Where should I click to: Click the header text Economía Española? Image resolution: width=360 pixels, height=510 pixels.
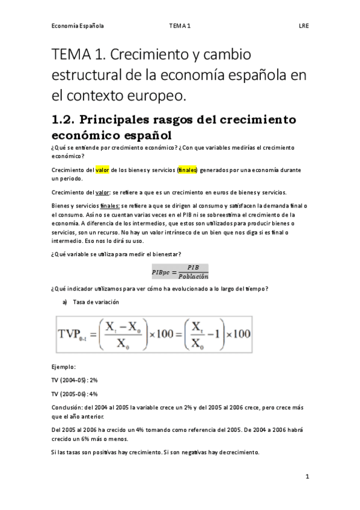pyautogui.click(x=78, y=26)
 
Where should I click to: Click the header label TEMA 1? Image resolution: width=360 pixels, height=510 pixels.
pyautogui.click(x=180, y=26)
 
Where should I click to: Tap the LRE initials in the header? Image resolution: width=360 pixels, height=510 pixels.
pyautogui.click(x=304, y=26)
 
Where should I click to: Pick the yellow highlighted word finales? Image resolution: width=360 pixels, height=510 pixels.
pyautogui.click(x=188, y=170)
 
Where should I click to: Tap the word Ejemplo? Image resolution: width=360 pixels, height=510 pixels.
pyautogui.click(x=64, y=366)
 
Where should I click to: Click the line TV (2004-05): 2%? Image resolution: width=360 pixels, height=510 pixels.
pyautogui.click(x=75, y=380)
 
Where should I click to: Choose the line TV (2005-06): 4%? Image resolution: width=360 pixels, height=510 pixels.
pyautogui.click(x=75, y=394)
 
